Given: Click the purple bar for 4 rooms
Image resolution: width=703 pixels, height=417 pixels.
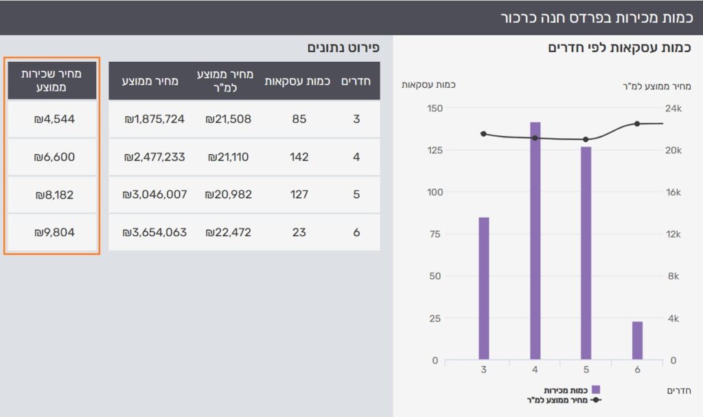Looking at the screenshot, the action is click(x=535, y=240).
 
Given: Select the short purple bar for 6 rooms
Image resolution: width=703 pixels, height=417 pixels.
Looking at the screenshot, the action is click(x=637, y=340).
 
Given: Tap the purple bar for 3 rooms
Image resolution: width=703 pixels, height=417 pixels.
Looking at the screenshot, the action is click(x=484, y=288).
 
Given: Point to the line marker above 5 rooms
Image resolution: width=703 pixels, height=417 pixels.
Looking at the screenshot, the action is click(x=586, y=139).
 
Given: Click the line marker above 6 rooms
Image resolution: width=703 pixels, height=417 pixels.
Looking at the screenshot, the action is click(x=637, y=124).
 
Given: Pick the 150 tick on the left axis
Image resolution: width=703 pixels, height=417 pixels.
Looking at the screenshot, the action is click(x=435, y=108).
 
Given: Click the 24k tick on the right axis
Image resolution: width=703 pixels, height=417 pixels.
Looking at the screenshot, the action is click(x=673, y=108).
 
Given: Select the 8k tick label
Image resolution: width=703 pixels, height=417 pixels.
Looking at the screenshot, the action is click(x=673, y=276).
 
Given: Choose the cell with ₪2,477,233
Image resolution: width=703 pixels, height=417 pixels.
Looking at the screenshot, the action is click(x=154, y=157).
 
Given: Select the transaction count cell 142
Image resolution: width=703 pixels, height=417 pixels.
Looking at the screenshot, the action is click(x=299, y=157).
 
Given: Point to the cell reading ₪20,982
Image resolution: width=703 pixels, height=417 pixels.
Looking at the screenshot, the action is click(x=228, y=194).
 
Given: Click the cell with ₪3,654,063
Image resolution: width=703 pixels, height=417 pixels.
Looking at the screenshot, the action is click(x=154, y=232).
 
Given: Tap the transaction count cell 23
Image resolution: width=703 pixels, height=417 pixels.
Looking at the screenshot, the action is click(x=299, y=232).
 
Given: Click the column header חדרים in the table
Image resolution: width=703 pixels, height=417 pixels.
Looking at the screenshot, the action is click(x=356, y=81).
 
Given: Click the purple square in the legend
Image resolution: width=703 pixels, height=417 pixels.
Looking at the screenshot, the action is click(x=596, y=390).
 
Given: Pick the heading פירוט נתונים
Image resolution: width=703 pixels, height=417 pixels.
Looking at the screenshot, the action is click(x=343, y=47).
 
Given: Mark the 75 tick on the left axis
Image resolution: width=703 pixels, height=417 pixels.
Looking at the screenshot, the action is click(x=435, y=234).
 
